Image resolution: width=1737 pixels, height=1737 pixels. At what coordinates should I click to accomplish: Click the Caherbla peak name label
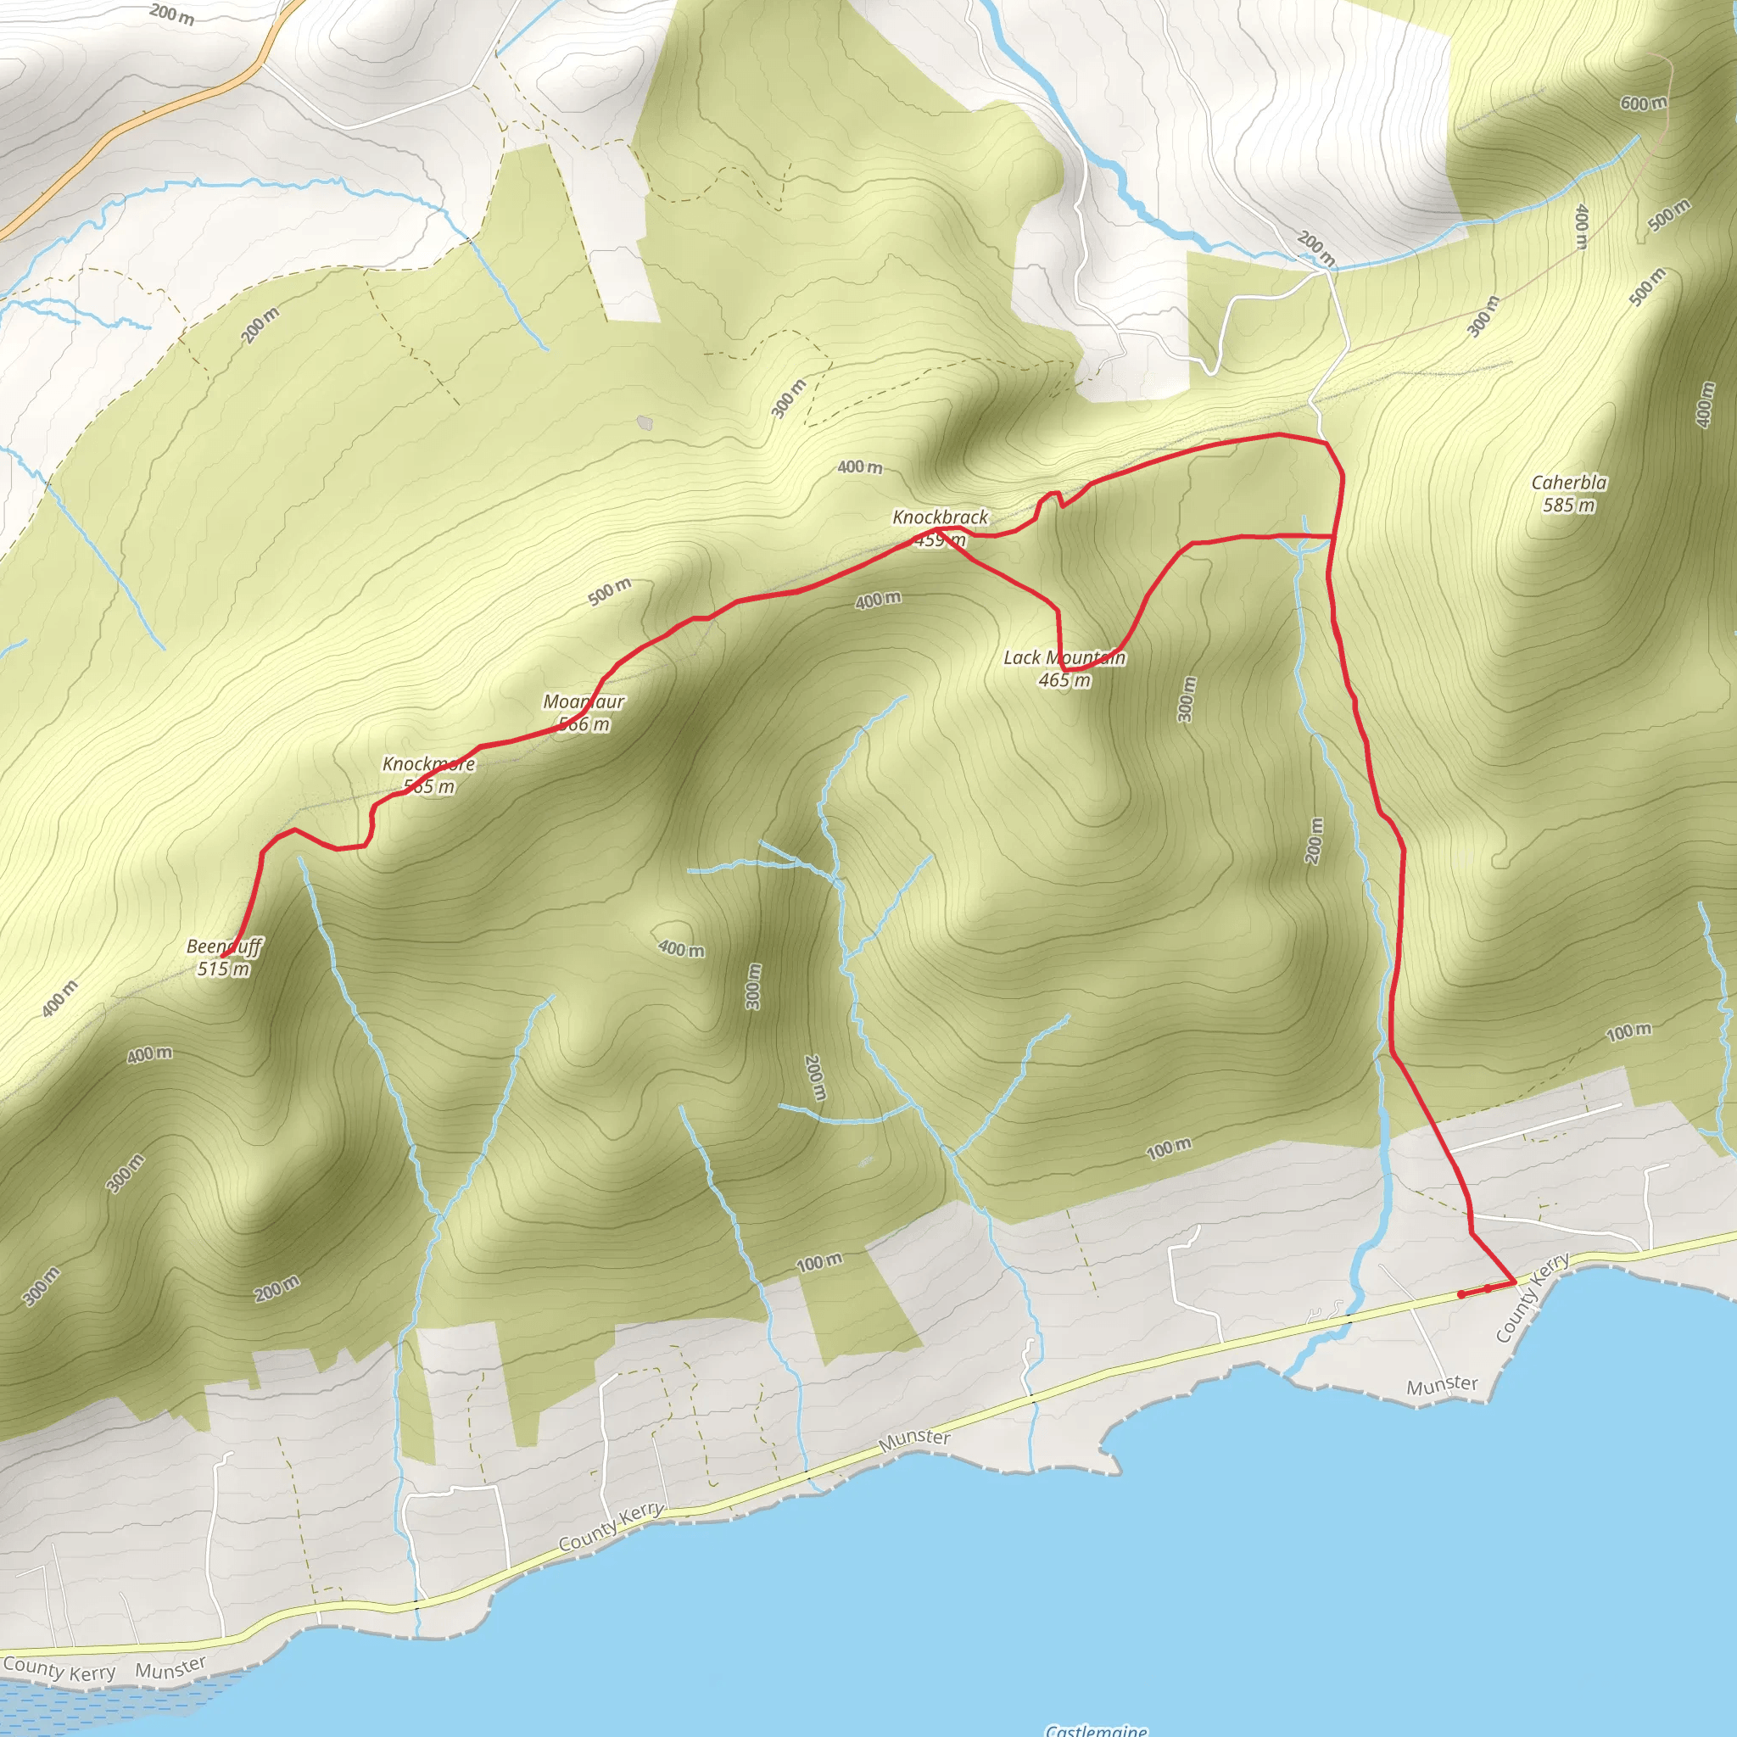point(1569,483)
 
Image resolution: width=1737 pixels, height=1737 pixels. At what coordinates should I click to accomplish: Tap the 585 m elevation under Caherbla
point(1569,505)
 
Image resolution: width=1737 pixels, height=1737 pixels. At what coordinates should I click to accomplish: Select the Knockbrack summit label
point(940,517)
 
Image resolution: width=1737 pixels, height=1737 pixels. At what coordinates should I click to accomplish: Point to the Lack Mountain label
point(1064,657)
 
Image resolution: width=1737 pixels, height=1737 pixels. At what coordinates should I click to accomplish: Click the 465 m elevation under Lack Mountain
point(1064,680)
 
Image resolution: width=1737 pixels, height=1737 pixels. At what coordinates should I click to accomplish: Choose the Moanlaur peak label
point(584,701)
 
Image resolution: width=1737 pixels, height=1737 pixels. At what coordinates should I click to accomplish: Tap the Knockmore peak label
point(429,763)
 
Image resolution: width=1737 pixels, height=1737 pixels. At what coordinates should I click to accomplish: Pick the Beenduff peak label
point(224,946)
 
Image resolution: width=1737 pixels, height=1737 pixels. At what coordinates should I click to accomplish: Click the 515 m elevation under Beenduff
point(224,969)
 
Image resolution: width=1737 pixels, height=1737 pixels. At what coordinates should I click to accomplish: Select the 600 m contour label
point(1644,103)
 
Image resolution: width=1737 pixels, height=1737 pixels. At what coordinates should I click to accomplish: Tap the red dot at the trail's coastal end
point(1461,1294)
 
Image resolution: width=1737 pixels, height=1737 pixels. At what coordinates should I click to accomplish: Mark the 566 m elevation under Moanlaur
point(584,724)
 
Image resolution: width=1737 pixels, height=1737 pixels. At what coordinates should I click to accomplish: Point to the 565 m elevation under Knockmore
point(429,787)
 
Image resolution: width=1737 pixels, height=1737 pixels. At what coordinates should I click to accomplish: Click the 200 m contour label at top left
point(171,14)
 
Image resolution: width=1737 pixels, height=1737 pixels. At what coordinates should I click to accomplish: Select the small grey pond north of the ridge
point(645,422)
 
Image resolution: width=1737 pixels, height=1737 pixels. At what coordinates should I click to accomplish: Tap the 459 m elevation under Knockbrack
point(941,540)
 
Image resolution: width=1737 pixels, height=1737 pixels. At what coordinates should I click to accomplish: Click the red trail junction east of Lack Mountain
point(1332,537)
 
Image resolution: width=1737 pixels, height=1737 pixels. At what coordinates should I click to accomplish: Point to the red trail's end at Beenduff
point(231,948)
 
